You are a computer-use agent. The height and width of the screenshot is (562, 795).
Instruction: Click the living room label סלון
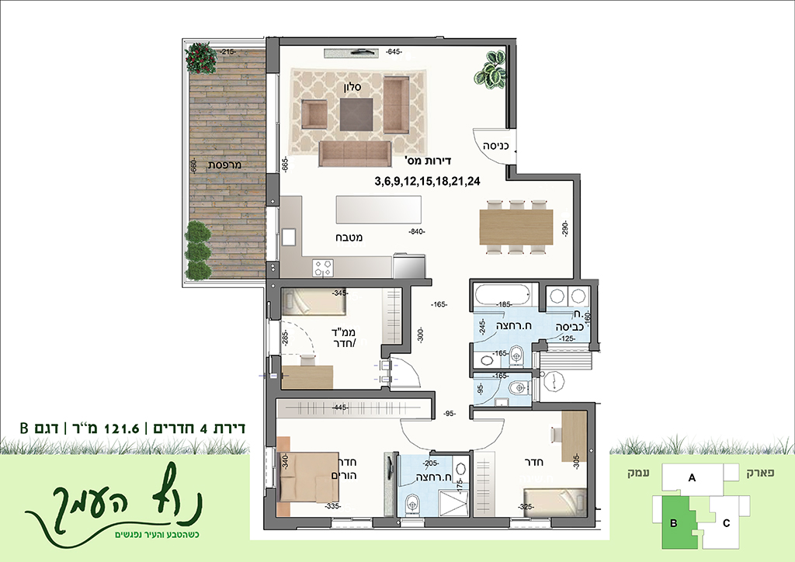[x=352, y=87]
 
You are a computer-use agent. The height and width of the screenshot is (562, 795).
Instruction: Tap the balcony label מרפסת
[x=224, y=165]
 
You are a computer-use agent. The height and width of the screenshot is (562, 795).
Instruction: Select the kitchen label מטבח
[x=349, y=238]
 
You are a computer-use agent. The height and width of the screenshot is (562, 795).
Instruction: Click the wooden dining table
[x=516, y=226]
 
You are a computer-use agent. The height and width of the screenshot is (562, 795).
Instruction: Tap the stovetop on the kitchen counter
[x=322, y=267]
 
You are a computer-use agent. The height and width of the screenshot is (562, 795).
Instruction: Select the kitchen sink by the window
[x=290, y=238]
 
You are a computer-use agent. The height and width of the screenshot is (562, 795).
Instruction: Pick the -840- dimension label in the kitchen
[x=417, y=231]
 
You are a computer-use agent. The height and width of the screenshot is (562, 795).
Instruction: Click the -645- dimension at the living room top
[x=394, y=52]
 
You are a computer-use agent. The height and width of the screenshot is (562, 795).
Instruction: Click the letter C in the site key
[x=726, y=523]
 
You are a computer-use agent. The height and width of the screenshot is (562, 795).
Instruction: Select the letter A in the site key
[x=692, y=477]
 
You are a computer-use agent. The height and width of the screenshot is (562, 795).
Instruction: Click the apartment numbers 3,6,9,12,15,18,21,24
[x=428, y=182]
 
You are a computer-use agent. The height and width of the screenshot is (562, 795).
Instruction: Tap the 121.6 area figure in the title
[x=121, y=428]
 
